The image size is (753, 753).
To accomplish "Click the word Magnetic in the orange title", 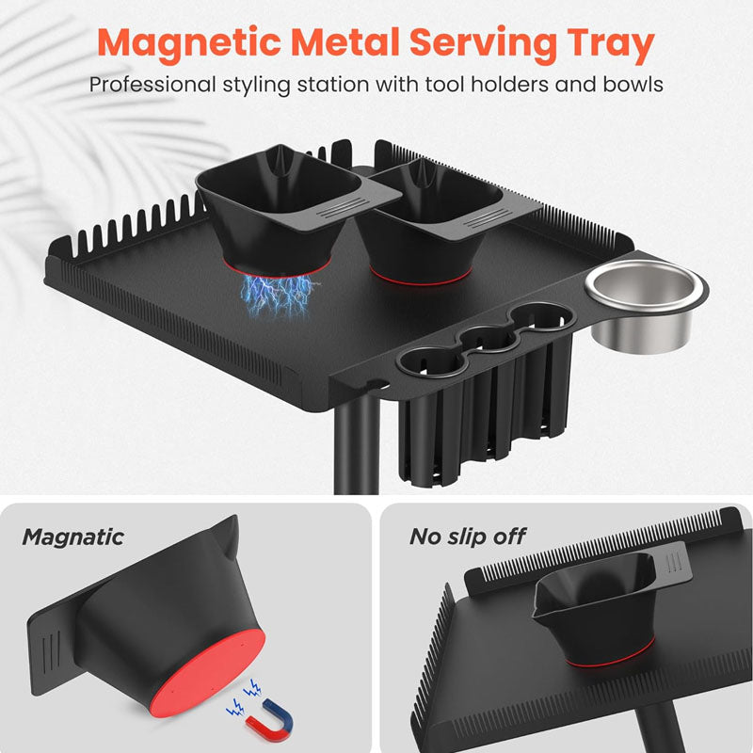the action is pyautogui.click(x=189, y=43).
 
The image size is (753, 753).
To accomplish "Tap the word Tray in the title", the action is pyautogui.click(x=611, y=43).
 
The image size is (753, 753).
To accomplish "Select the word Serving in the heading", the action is pyautogui.click(x=483, y=43).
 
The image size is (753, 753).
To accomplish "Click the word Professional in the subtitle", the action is pyautogui.click(x=152, y=85).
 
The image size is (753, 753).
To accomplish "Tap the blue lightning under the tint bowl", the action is pyautogui.click(x=275, y=296).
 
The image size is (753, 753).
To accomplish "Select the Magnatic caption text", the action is pyautogui.click(x=73, y=537).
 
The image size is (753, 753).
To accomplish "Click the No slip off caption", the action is pyautogui.click(x=468, y=537).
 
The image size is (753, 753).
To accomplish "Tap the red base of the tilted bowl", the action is pyautogui.click(x=209, y=673).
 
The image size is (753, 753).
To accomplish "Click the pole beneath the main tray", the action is pyautogui.click(x=357, y=442).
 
